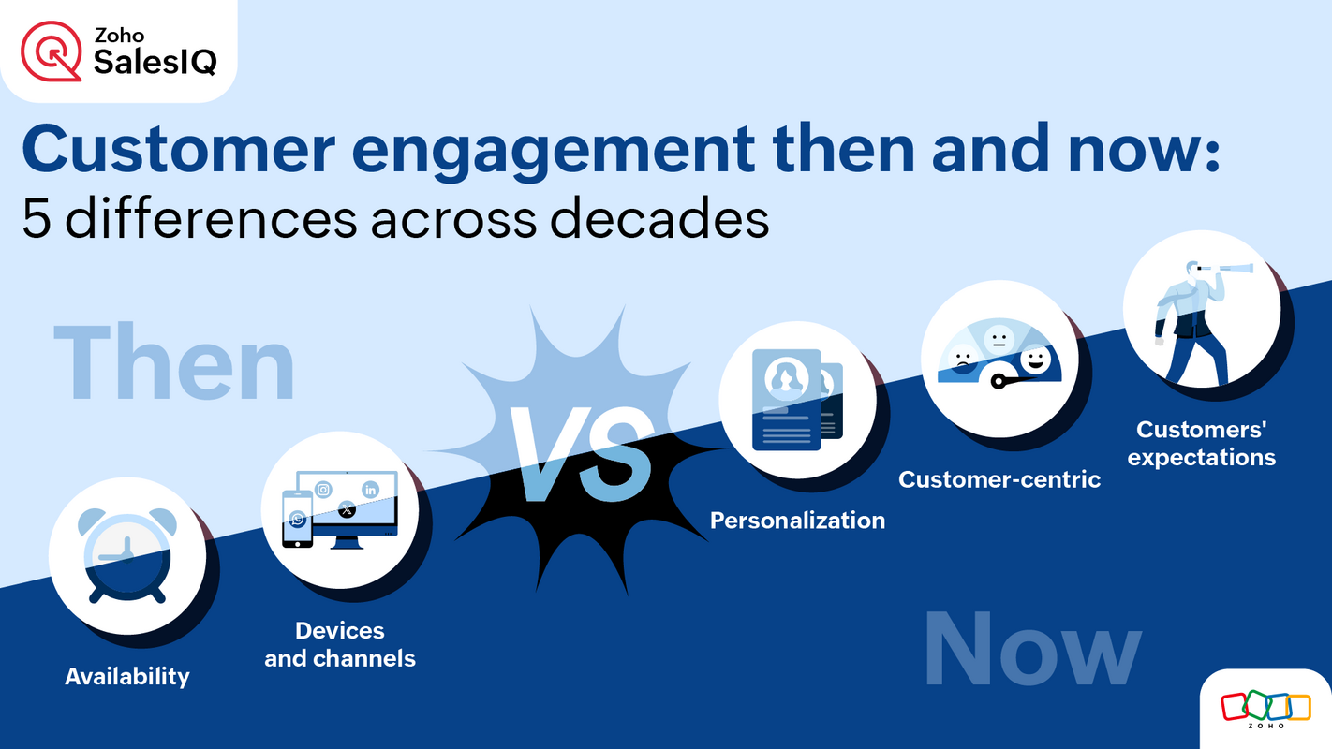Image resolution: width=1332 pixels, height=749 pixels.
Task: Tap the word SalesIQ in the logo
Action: (x=155, y=63)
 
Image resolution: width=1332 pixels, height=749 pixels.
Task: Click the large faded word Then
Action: (x=174, y=362)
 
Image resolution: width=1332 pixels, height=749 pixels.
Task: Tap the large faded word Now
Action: (x=1032, y=650)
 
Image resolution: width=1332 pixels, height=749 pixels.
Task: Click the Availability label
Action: (x=126, y=676)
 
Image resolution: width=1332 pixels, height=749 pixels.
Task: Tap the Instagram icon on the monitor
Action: (x=323, y=489)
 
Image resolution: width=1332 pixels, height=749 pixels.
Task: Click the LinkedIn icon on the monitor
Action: (x=371, y=489)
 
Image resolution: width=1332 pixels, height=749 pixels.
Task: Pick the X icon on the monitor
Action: (x=347, y=510)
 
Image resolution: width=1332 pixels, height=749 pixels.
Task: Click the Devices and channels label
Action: (x=339, y=644)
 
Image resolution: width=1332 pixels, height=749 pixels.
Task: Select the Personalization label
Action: (x=797, y=521)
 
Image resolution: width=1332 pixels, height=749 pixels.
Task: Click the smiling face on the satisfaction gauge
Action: (x=1034, y=360)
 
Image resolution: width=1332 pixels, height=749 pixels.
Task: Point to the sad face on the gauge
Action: (x=961, y=357)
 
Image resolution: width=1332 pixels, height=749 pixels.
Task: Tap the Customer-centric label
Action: (x=999, y=479)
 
